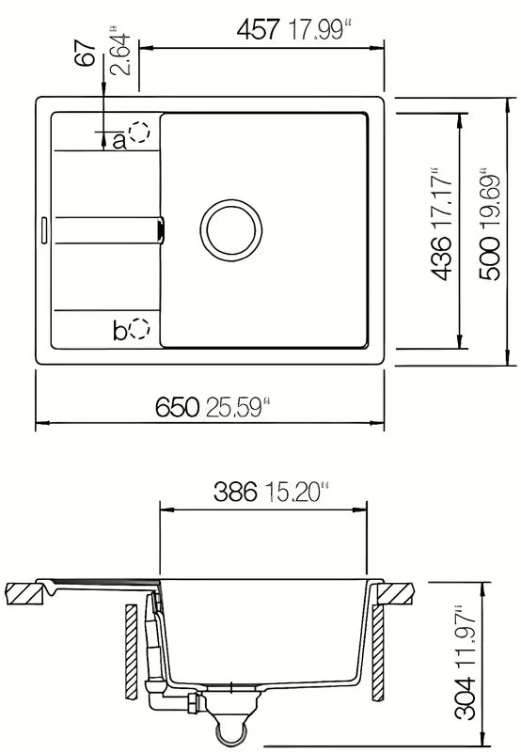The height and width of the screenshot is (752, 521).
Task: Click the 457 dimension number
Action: [258, 30]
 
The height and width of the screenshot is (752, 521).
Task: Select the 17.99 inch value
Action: [317, 30]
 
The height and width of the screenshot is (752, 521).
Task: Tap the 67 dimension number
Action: [86, 54]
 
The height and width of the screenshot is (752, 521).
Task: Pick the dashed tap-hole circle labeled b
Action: [139, 328]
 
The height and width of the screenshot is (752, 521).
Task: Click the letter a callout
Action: [119, 141]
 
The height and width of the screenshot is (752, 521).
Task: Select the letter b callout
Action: [120, 331]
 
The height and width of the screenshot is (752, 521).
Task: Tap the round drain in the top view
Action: [231, 230]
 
